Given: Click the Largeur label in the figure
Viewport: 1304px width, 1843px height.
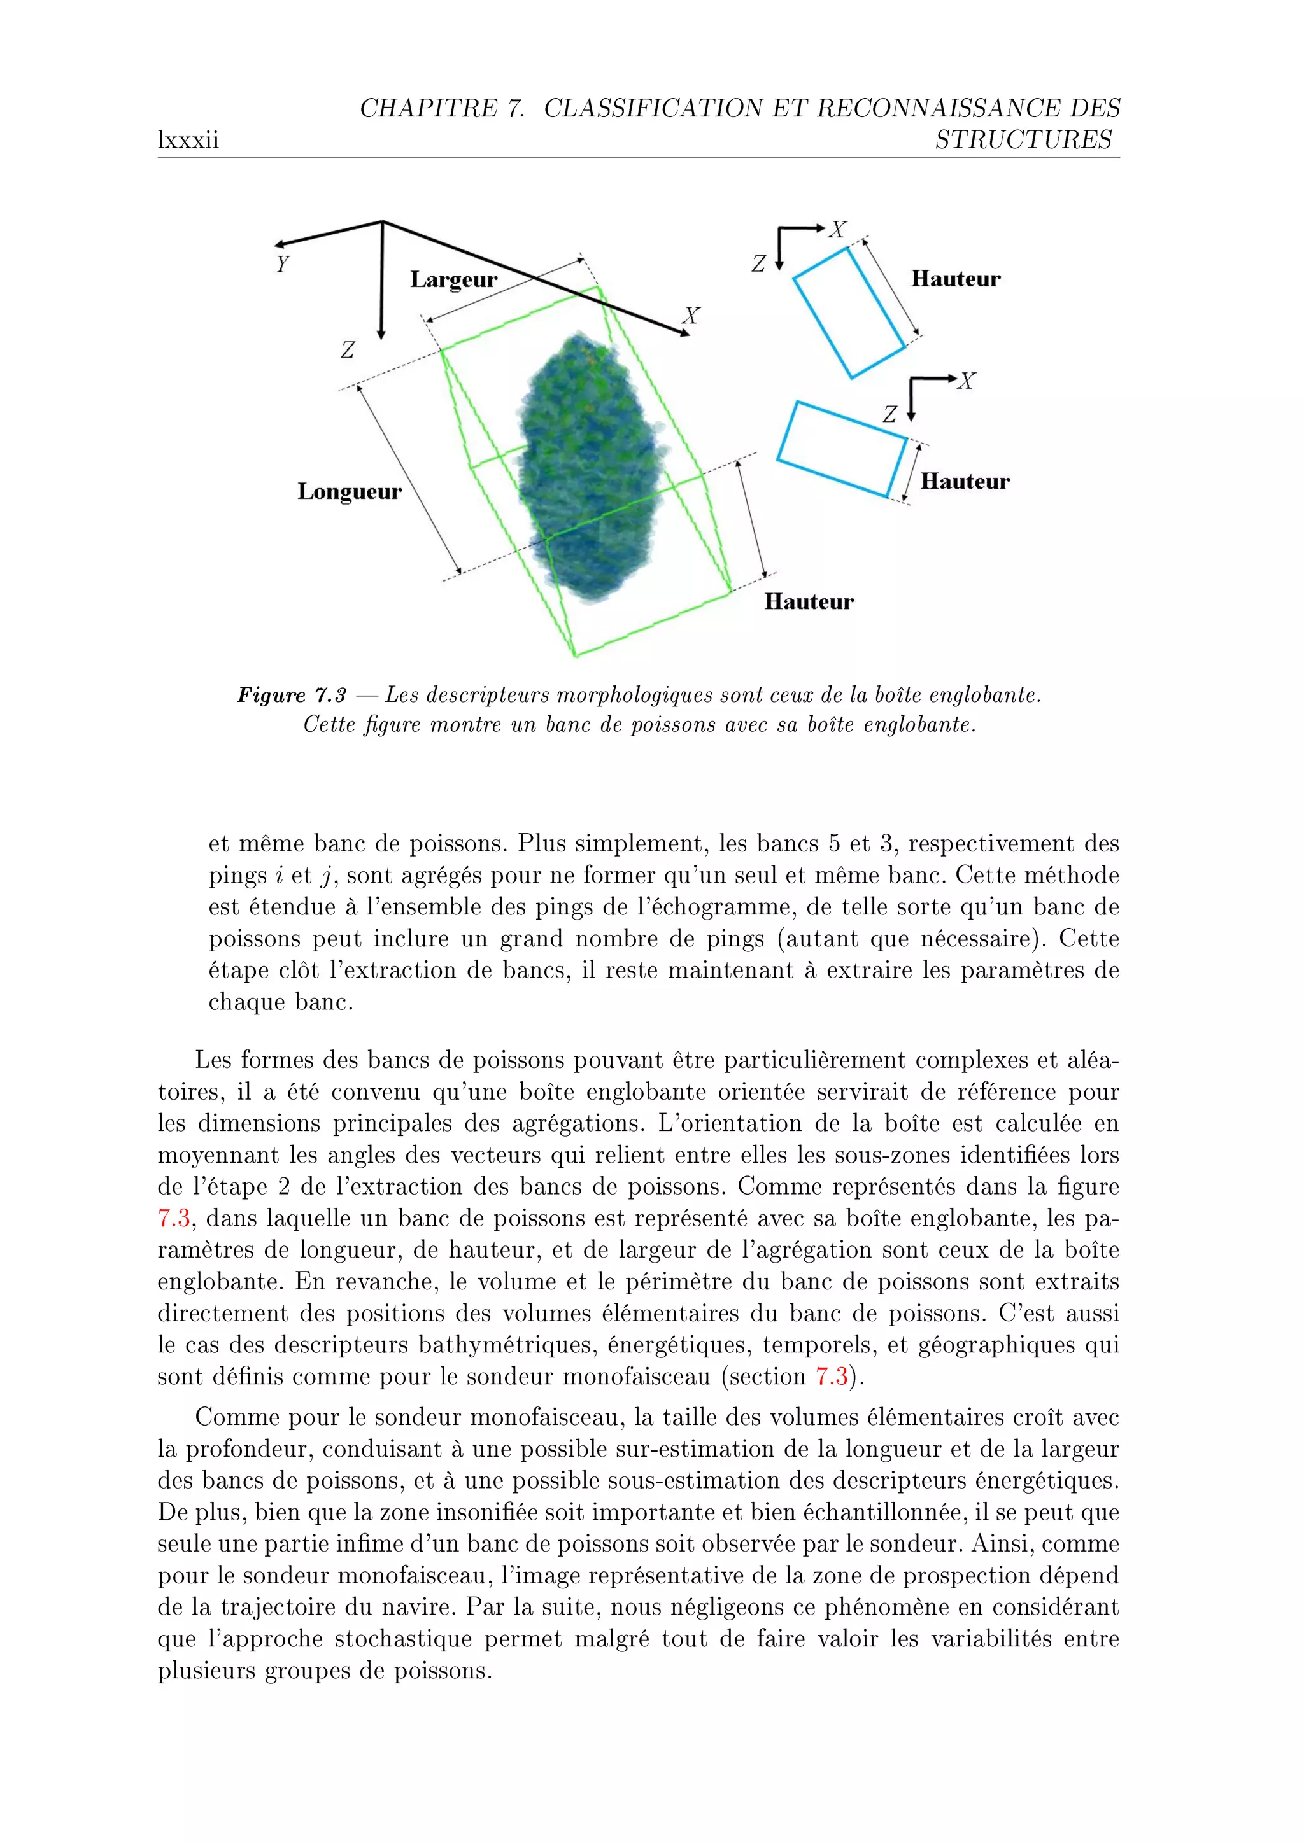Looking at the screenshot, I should click(454, 279).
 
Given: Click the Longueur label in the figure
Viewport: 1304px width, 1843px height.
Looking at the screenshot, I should click(350, 491).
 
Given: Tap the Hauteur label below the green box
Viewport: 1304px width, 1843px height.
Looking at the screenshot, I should click(809, 602).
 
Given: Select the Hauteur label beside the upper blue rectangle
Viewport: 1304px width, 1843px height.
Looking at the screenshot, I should click(956, 279).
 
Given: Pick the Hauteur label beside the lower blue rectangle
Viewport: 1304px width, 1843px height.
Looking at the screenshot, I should click(965, 482).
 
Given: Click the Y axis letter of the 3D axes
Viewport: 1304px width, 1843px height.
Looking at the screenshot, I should click(282, 264).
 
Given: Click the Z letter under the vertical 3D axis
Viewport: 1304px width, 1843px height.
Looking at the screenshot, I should click(348, 350).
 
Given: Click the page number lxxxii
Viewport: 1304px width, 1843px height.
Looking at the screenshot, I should click(188, 141).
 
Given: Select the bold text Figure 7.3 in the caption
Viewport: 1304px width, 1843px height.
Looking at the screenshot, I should click(292, 695).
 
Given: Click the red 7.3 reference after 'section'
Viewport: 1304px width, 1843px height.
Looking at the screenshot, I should click(831, 1377).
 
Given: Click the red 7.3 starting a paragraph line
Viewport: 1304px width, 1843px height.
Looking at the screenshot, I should click(173, 1219).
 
